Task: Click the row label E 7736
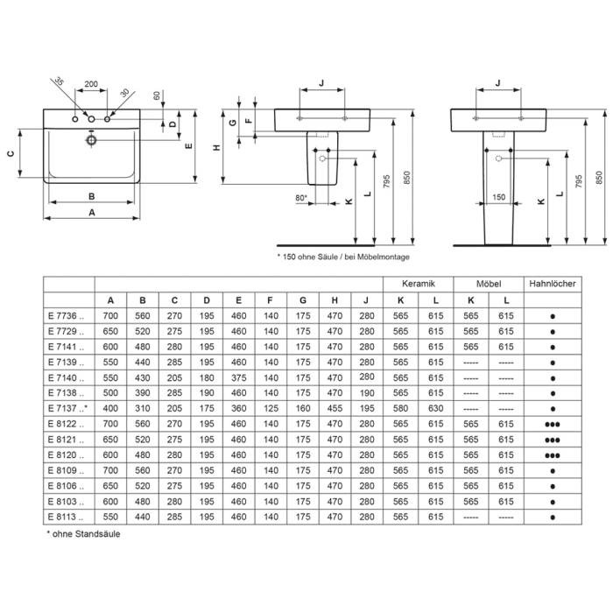[66, 314]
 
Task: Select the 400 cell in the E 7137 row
[110, 409]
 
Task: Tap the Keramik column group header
[418, 285]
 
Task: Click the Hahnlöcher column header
[553, 285]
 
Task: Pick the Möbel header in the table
[487, 285]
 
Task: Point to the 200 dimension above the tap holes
[90, 86]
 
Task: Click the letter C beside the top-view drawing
[11, 154]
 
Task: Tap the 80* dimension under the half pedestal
[300, 199]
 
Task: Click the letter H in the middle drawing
[216, 148]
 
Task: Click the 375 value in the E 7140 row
[236, 377]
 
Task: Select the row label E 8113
[66, 518]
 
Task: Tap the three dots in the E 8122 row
[553, 425]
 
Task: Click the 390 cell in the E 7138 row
[142, 393]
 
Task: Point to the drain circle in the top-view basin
[90, 138]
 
